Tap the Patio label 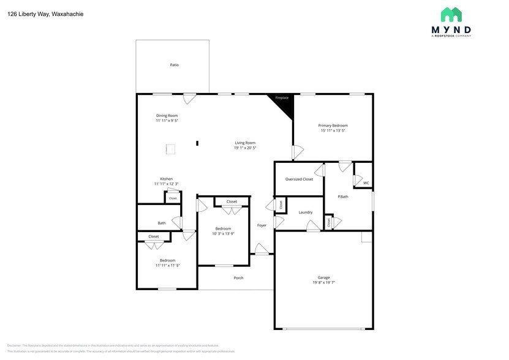tap(175, 65)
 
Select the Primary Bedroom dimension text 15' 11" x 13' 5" tap(333, 130)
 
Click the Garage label tap(323, 277)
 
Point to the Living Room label tap(245, 143)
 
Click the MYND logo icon tap(451, 15)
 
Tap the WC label tap(366, 182)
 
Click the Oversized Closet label tap(299, 179)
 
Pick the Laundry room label tap(306, 212)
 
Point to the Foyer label tap(262, 225)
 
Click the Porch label tap(238, 278)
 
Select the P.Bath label tap(343, 197)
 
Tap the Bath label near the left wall tap(162, 223)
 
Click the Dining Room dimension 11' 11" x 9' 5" tap(167, 121)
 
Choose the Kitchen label tap(167, 179)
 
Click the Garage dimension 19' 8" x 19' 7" tap(323, 283)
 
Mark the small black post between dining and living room tap(197, 143)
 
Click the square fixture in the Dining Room tap(172, 148)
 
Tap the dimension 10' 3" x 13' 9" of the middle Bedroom tap(223, 233)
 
